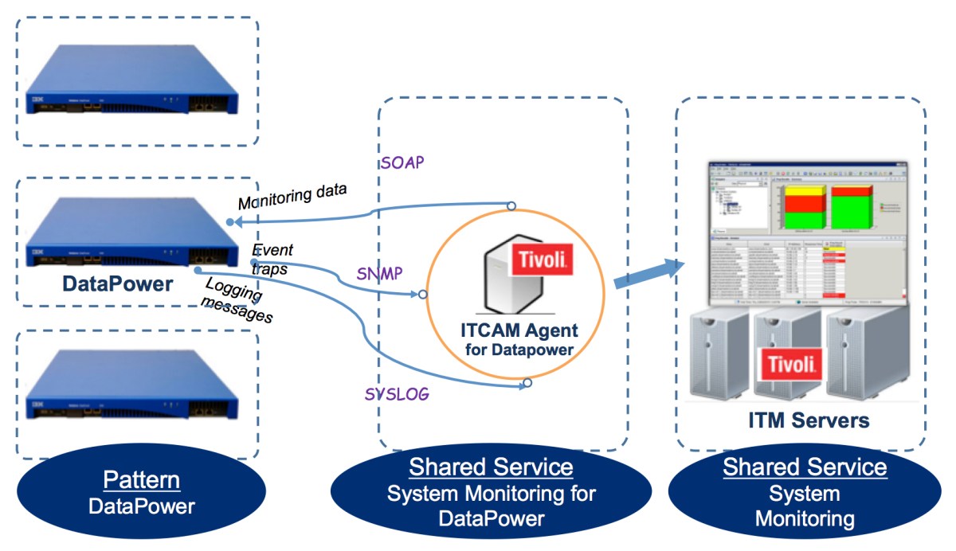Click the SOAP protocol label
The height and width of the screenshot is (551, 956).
point(402,162)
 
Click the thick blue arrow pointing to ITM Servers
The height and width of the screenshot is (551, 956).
point(649,275)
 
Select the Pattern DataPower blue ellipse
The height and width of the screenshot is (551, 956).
point(141,493)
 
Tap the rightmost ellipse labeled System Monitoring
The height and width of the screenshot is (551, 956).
point(805,493)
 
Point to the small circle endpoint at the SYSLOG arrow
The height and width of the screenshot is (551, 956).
point(527,384)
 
